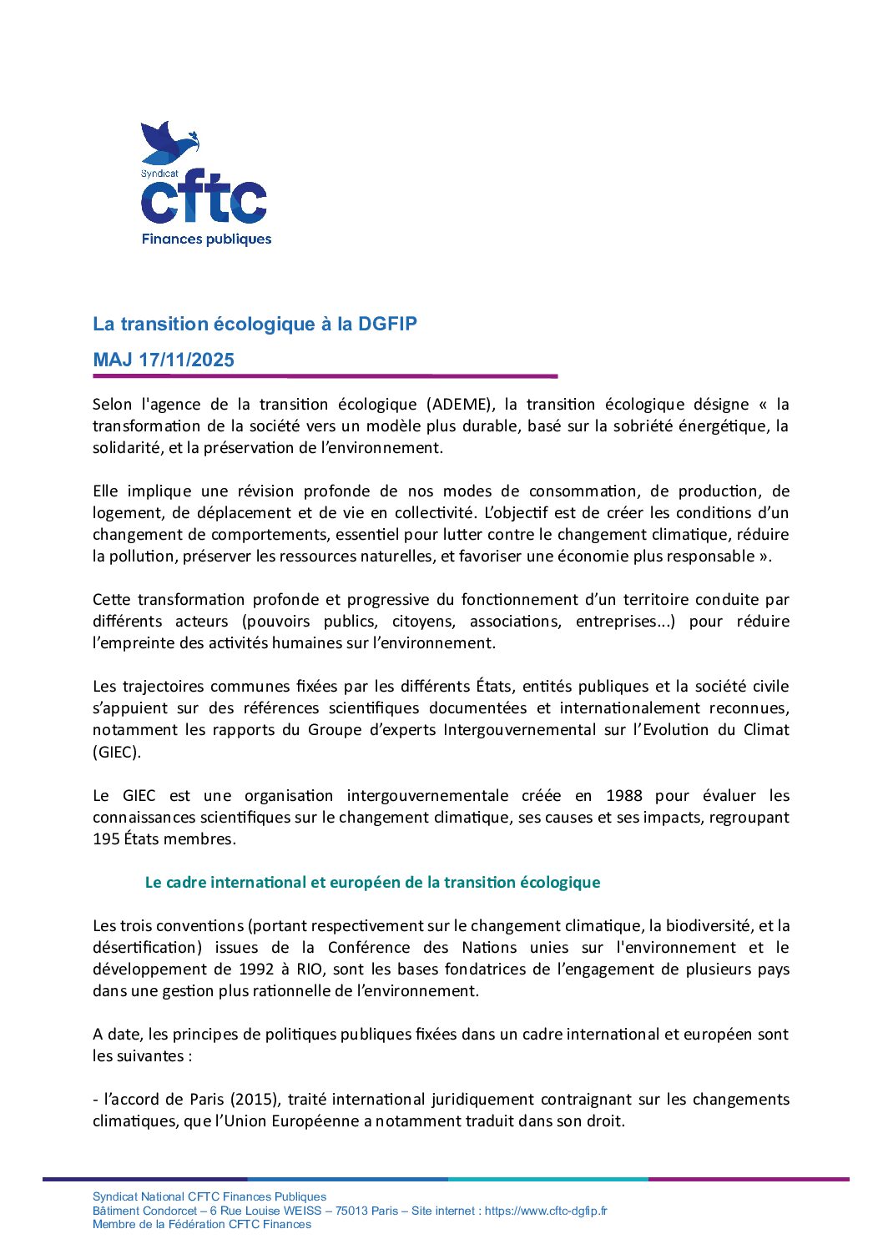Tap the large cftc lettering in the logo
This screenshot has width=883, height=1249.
[204, 202]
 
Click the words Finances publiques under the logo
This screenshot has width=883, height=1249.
[206, 239]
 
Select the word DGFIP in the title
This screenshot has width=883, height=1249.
[387, 324]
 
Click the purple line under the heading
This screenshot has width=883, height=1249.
[325, 376]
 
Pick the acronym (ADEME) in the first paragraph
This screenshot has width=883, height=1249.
[459, 405]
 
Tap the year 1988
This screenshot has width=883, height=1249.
[624, 796]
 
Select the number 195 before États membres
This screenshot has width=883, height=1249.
[106, 839]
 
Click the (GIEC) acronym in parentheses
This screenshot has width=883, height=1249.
[117, 752]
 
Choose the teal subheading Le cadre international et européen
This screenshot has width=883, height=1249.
[372, 883]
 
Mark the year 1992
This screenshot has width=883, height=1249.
[256, 969]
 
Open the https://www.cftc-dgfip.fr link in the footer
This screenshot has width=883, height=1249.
[546, 1211]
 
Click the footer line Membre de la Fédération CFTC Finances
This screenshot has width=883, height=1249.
[202, 1225]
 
